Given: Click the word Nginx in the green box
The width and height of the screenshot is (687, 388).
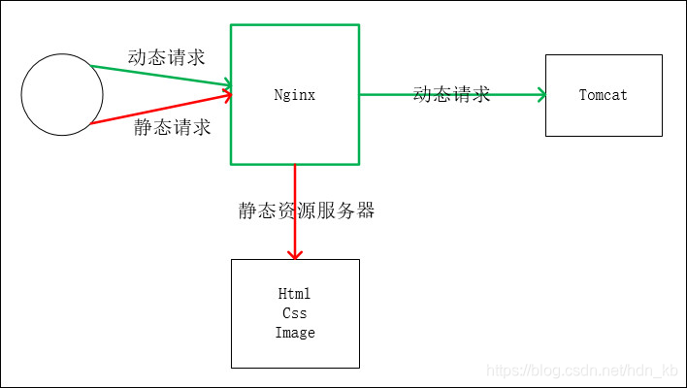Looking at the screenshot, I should [x=295, y=95].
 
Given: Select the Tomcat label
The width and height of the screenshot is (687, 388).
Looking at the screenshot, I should [x=603, y=95].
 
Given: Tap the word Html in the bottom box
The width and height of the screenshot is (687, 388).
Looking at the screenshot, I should [x=295, y=294].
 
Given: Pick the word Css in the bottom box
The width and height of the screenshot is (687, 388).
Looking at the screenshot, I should [x=295, y=313].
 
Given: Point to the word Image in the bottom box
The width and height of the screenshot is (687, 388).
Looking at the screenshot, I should [x=295, y=333].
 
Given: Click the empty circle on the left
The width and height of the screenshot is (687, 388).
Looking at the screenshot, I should [x=62, y=95].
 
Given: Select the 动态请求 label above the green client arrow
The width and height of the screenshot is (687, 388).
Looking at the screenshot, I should [x=166, y=57].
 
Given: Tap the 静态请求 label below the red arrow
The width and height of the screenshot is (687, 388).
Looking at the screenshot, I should [x=172, y=128].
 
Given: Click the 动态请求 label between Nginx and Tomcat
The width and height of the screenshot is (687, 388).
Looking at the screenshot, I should [x=451, y=94].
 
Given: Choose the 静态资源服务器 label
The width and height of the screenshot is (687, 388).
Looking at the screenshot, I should [x=307, y=210].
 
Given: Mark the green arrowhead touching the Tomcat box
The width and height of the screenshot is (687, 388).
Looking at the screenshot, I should [x=540, y=95].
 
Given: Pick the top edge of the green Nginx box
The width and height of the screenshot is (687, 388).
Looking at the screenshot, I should [x=295, y=25].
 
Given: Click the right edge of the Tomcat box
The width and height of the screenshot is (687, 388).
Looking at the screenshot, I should [x=662, y=95].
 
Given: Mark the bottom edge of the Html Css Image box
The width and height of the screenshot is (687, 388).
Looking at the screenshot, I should [x=295, y=368].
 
